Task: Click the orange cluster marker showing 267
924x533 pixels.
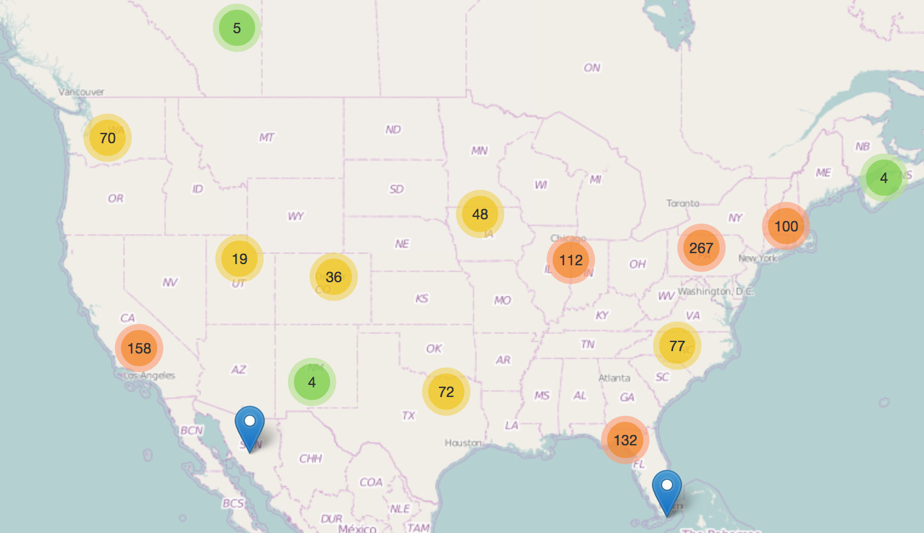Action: pos(701,248)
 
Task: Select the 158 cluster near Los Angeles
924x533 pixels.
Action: pos(139,348)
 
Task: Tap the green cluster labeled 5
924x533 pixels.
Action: pos(236,28)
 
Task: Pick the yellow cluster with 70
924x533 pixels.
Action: pos(108,138)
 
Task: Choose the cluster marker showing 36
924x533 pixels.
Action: pos(333,277)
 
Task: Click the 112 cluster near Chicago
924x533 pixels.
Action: pos(570,260)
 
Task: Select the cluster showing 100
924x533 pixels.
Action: pos(786,226)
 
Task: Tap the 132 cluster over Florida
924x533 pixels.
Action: pos(625,440)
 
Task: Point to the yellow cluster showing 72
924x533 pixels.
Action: pos(446,392)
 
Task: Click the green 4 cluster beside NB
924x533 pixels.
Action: pos(883,178)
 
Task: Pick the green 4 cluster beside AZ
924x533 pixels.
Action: pos(311,382)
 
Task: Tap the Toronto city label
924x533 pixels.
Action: pos(683,203)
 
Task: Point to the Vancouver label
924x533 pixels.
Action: pos(81,92)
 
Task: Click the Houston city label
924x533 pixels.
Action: pos(463,443)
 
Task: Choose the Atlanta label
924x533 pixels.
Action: pos(614,378)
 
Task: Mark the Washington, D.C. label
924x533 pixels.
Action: pos(715,291)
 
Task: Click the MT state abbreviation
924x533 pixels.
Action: pos(267,137)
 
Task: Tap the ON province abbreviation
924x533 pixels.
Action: pos(592,68)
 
